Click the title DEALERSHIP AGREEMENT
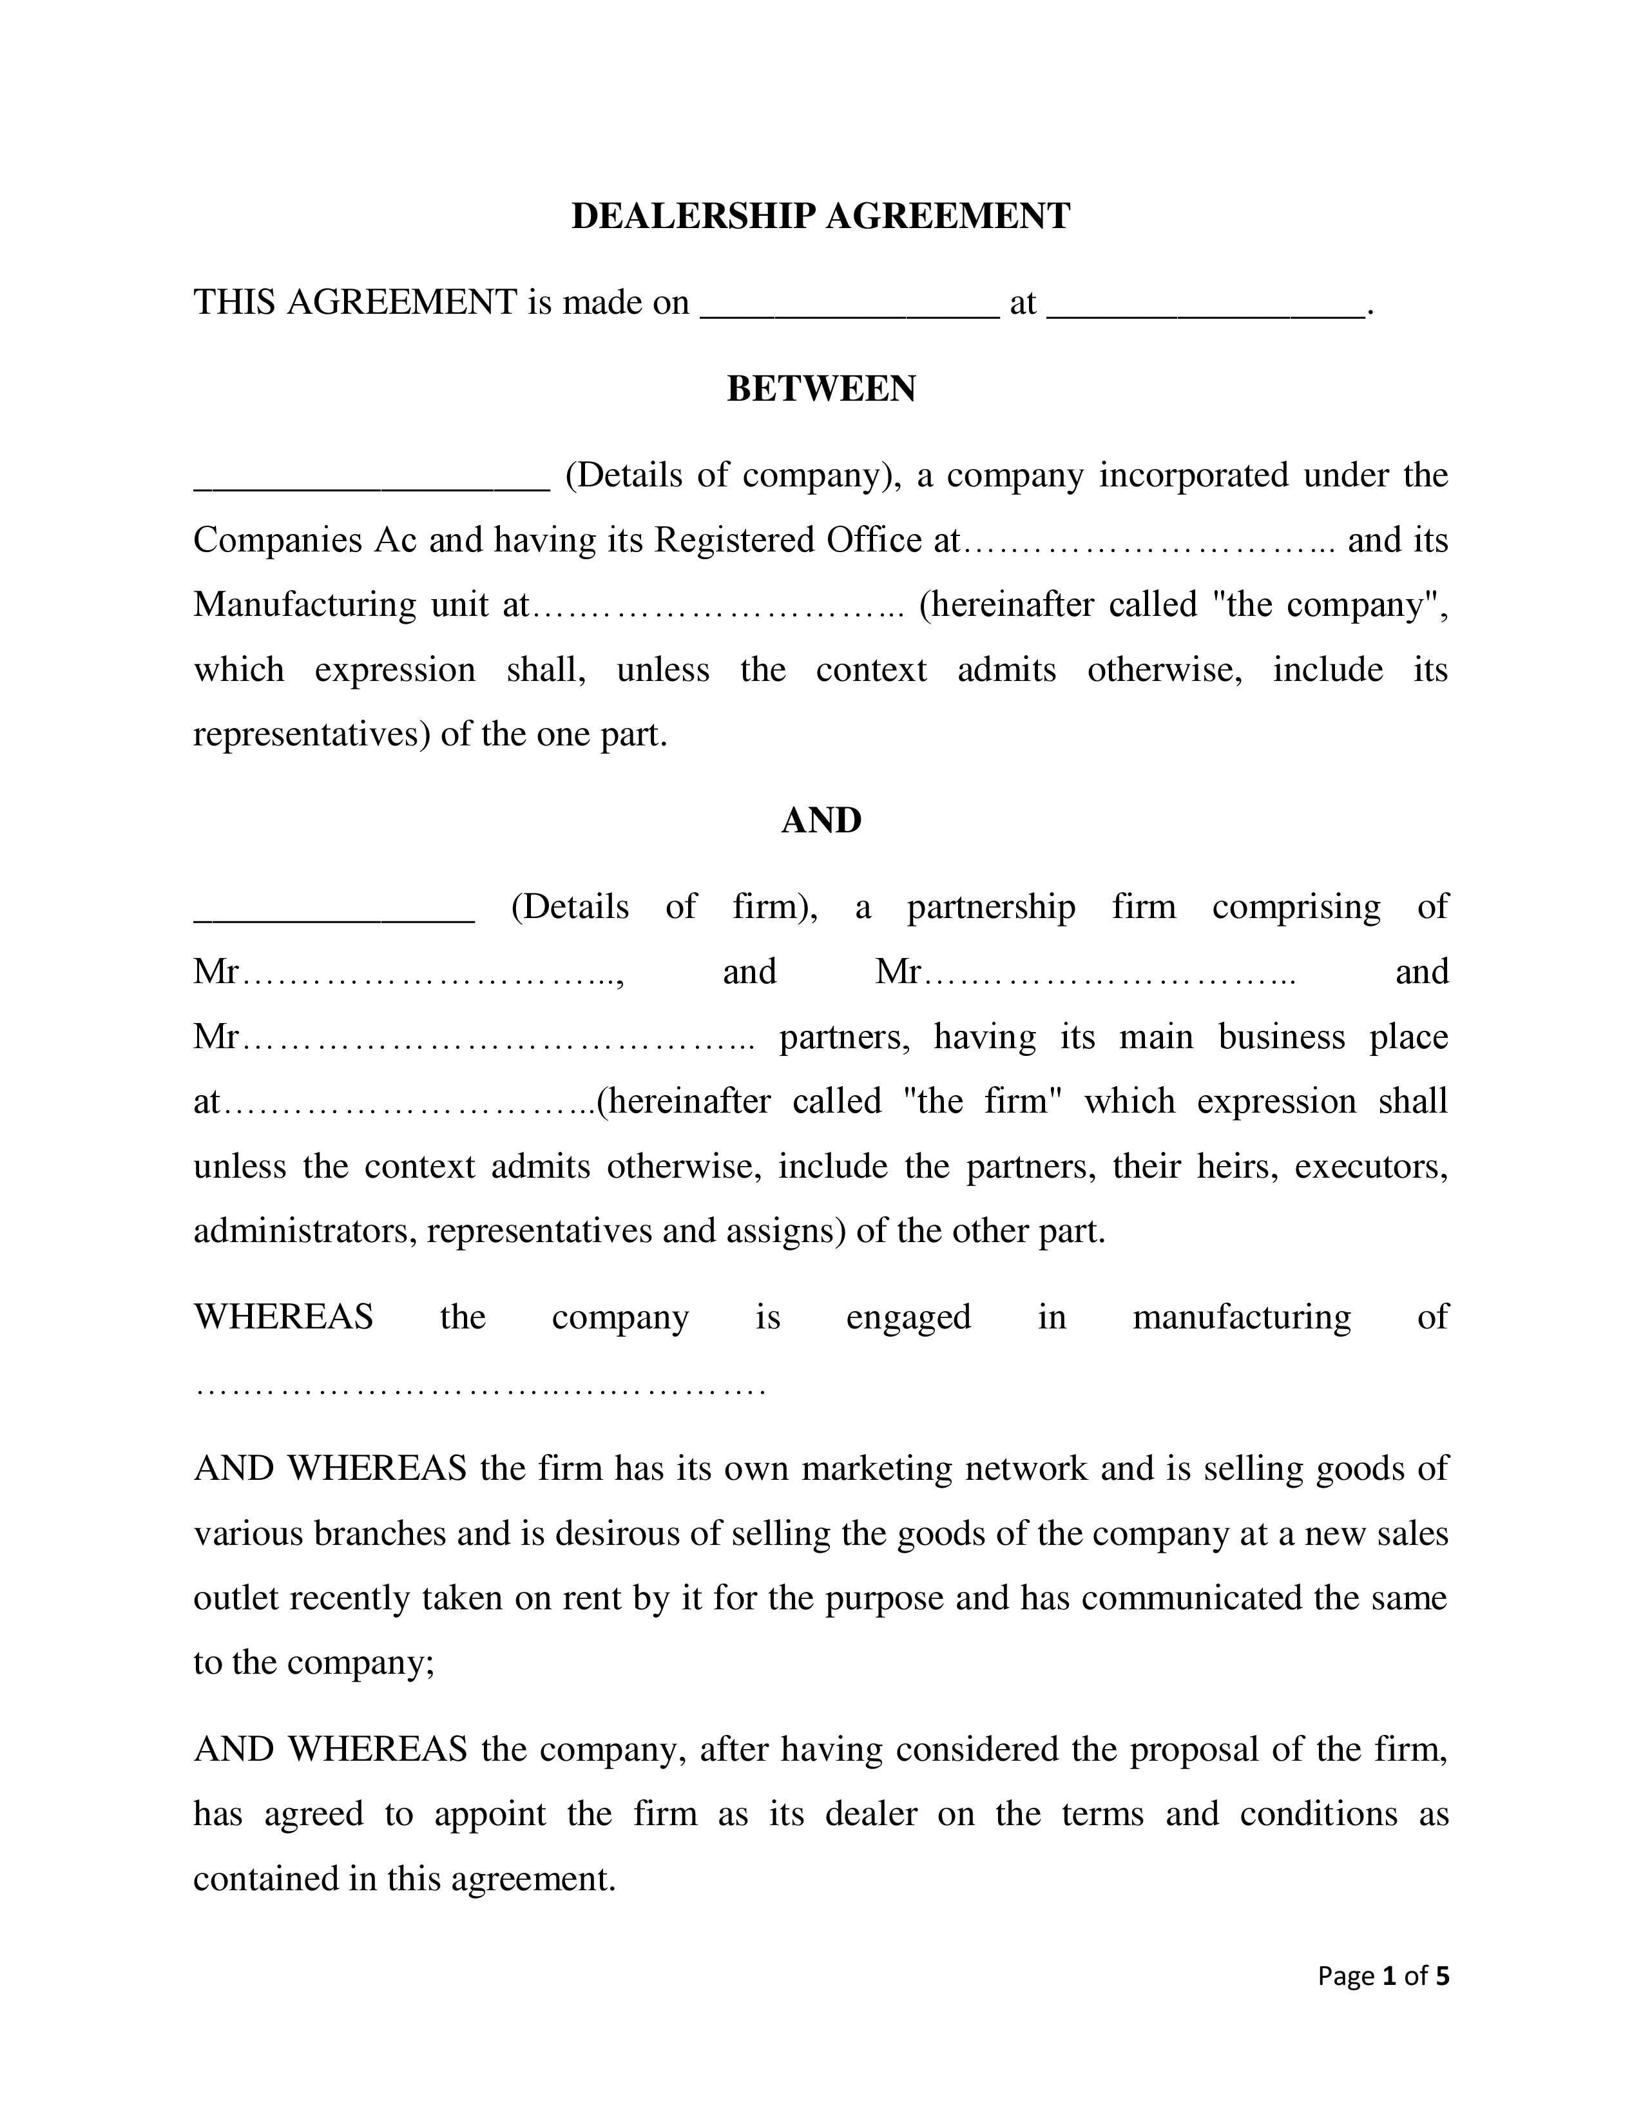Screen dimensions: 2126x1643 click(x=820, y=216)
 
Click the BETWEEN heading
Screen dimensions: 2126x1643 click(x=820, y=389)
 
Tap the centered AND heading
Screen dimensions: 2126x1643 click(x=820, y=821)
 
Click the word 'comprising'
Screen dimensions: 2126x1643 click(x=1296, y=907)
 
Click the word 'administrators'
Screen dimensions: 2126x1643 click(x=305, y=1231)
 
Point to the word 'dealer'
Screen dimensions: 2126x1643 click(x=870, y=1814)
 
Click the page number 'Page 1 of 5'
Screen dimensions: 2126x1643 click(x=1382, y=1976)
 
